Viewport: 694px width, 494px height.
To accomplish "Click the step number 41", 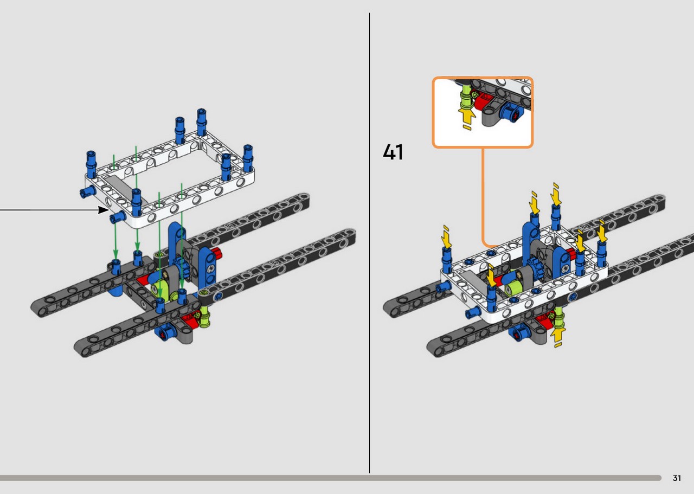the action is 393,152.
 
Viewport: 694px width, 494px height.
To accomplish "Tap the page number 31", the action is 677,478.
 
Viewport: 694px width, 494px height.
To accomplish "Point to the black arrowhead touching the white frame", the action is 104,210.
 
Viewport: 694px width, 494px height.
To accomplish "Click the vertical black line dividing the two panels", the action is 369,243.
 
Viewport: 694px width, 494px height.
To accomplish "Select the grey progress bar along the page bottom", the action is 330,478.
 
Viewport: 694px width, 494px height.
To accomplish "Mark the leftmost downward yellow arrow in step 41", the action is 446,237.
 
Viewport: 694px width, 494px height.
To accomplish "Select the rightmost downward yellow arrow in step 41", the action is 602,231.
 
